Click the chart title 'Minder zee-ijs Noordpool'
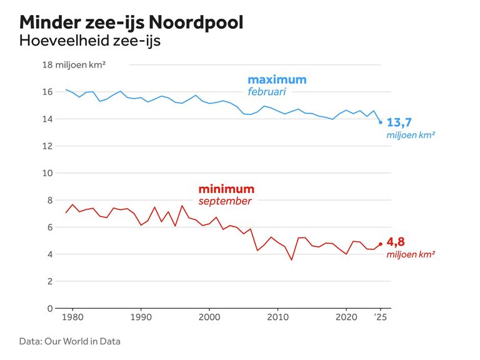pos(131,22)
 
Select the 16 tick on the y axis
pos(47,92)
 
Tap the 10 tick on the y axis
pos(47,173)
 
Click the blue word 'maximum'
pos(277,80)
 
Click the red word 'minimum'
pos(226,189)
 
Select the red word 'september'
pos(225,201)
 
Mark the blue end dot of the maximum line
pos(381,122)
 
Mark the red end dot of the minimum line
pos(381,244)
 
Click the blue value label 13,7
pos(399,122)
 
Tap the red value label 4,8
pos(396,242)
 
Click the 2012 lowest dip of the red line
pos(291,260)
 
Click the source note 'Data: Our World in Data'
pos(69,341)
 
